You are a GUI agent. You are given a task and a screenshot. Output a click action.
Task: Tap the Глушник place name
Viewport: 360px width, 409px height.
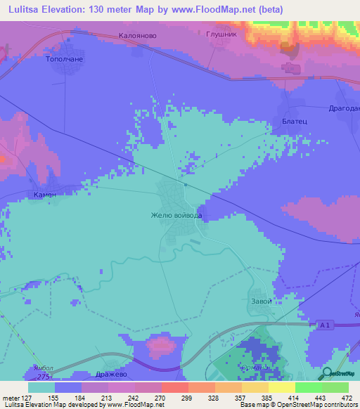click(223, 33)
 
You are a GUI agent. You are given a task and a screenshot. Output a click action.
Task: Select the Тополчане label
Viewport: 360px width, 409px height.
click(65, 60)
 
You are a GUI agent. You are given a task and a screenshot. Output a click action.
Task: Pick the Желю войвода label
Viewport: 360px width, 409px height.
click(177, 215)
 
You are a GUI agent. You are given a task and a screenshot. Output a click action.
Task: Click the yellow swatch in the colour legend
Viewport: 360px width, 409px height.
click(282, 387)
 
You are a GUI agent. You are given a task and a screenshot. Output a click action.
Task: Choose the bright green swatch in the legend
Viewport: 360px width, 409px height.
click(309, 387)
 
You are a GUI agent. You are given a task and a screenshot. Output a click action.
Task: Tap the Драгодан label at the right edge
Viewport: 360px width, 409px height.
click(344, 110)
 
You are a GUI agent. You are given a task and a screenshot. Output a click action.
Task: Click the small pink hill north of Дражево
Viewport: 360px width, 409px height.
click(161, 344)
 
